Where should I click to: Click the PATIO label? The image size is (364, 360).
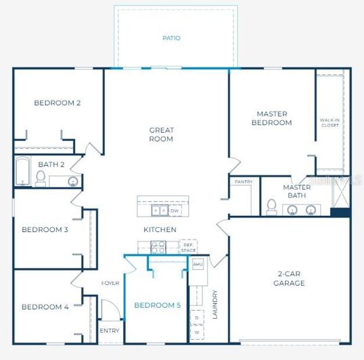172,38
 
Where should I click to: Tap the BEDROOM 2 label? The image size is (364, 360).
58,103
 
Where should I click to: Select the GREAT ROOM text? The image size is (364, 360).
162,134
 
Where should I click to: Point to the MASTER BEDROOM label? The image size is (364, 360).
271,118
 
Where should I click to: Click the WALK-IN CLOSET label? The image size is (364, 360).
329,122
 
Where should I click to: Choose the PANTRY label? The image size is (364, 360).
244,182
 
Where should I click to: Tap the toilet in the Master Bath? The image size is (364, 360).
271,206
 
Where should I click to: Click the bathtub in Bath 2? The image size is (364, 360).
22,173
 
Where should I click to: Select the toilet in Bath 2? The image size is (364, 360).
41,178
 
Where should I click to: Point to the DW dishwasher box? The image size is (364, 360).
174,210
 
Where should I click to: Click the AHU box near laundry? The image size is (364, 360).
198,264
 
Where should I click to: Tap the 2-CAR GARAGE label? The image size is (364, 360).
290,278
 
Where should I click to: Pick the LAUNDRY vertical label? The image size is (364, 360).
214,305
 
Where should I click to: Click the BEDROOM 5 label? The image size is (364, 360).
157,305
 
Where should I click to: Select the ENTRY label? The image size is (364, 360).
109,331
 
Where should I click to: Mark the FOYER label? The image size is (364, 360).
110,283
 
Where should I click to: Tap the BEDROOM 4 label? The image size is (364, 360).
45,307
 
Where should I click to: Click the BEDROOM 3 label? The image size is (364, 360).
45,229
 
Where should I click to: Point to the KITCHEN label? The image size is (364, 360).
160,229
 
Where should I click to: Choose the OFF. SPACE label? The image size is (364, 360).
189,247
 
